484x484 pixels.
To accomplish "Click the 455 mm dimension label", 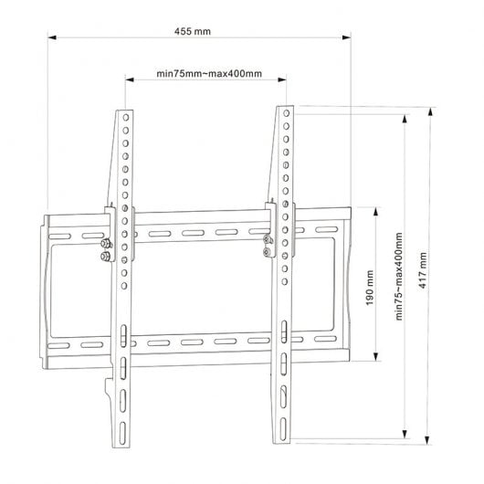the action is click(x=193, y=31).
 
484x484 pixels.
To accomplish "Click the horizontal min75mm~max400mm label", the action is click(x=209, y=74).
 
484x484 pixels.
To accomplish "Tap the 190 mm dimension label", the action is click(x=370, y=288).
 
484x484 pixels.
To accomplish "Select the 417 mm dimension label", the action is click(x=423, y=270).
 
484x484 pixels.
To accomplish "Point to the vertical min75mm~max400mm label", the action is click(x=399, y=277).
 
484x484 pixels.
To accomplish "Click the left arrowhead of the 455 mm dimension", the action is click(x=52, y=37).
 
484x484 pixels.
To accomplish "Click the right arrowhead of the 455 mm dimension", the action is click(x=347, y=37).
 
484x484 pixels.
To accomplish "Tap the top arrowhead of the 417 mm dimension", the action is click(x=431, y=111).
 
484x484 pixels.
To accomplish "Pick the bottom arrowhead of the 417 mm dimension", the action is click(x=427, y=440).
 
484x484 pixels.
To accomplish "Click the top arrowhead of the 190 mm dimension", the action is click(x=375, y=212).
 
